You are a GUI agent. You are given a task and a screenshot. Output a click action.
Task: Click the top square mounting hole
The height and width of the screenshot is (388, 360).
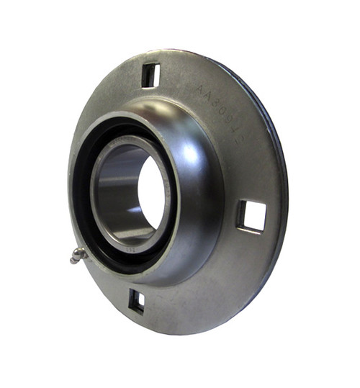150,75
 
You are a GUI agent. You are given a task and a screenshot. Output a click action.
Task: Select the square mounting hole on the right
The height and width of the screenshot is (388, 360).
252,216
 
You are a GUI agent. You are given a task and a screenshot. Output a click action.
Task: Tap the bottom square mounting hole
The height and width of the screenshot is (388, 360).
136,300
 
